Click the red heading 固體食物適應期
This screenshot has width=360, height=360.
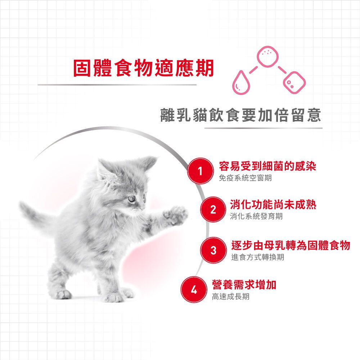[x=144, y=68]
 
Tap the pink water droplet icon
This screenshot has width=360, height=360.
[x=241, y=82]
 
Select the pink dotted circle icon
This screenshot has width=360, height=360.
[x=267, y=56]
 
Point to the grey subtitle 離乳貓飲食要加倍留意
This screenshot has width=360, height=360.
[x=240, y=115]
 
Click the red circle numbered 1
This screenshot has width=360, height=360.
[x=200, y=171]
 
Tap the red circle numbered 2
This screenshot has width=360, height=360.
[x=213, y=210]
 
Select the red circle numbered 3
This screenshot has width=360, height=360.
[x=213, y=250]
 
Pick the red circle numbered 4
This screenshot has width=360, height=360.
[x=194, y=289]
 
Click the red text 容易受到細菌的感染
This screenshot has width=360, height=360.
[x=267, y=166]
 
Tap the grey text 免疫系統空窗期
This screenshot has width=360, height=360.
[x=245, y=178]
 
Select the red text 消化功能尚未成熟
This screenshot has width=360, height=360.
[x=273, y=204]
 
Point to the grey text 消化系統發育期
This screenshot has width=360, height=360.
[x=256, y=216]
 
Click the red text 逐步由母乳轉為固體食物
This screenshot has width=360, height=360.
[x=291, y=245]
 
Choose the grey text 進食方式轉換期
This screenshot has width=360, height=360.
[x=258, y=257]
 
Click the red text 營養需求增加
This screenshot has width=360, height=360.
[x=244, y=285]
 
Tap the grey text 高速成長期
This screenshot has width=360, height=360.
[x=230, y=297]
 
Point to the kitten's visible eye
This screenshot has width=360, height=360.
[x=131, y=198]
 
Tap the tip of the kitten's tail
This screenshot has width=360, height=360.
[x=21, y=204]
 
